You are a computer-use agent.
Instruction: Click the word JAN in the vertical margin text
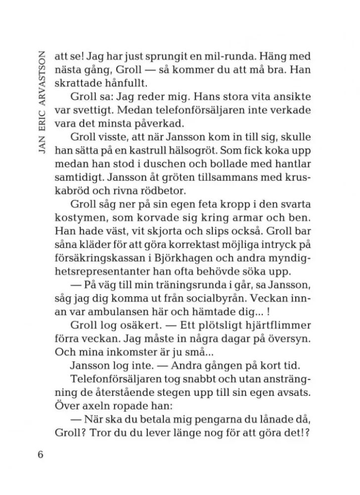tap(41, 143)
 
